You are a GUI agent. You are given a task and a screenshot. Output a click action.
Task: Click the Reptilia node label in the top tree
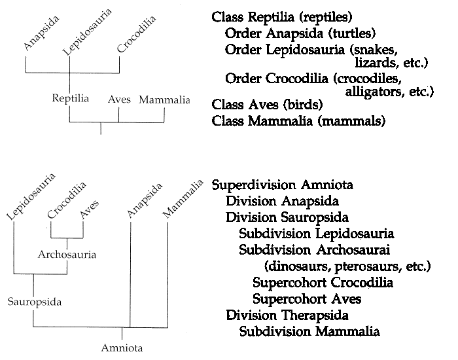point(71,98)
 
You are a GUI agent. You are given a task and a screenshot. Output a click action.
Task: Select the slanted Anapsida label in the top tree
point(41,33)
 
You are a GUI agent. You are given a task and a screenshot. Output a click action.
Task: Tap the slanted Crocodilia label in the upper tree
point(136,34)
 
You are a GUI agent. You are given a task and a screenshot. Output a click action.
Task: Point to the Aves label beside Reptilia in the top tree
point(119,99)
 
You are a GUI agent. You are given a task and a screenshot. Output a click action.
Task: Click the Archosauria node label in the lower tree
point(67,255)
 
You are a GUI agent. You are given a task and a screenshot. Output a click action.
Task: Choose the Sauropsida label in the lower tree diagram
point(35,302)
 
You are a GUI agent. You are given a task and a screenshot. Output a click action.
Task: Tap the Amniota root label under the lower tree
point(122,348)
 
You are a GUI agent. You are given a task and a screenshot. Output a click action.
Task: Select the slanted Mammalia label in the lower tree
point(183,199)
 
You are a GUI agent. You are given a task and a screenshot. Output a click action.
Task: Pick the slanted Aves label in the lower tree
point(90,209)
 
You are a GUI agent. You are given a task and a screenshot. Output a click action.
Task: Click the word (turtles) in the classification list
point(352,33)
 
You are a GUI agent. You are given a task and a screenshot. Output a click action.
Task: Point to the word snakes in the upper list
point(374,50)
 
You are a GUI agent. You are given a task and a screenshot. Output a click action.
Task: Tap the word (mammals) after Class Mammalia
point(351,121)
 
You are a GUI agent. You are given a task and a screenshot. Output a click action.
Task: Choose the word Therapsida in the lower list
point(315,315)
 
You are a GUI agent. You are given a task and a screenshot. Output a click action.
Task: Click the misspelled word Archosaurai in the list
point(353,250)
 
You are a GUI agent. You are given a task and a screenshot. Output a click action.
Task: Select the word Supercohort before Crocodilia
point(289,283)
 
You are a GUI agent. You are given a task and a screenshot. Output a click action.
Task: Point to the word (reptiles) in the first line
point(326,17)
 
